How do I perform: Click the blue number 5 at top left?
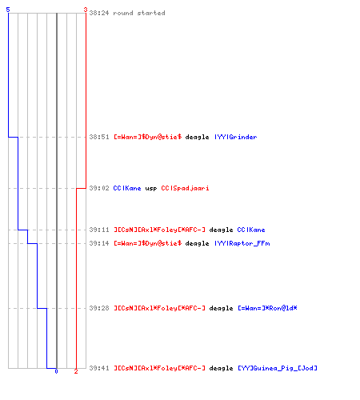click(8, 10)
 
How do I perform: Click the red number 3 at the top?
click(86, 10)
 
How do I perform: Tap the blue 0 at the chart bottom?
click(56, 371)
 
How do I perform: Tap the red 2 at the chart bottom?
click(76, 371)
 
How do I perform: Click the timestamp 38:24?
click(99, 13)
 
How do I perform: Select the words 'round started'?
click(139, 13)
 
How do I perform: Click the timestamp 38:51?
click(99, 137)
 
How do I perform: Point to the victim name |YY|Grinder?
click(236, 137)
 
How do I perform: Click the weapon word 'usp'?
click(151, 189)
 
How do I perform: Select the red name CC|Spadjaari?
click(185, 188)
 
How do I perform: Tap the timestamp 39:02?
click(99, 188)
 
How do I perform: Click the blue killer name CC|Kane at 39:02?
click(127, 188)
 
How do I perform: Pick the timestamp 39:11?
click(99, 230)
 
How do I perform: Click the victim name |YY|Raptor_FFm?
click(242, 243)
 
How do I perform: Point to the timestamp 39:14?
click(99, 243)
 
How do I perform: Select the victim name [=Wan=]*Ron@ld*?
click(267, 308)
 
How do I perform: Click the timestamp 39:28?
click(99, 308)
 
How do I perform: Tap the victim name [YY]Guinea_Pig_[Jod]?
click(278, 368)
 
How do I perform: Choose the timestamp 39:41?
click(99, 368)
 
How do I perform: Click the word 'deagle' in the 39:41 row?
click(221, 368)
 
